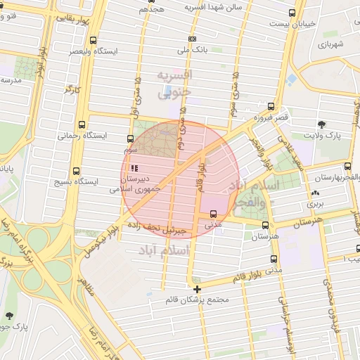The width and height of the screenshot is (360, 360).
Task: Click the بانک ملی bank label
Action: click(192, 51)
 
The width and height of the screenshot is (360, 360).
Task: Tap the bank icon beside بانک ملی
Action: click(192, 39)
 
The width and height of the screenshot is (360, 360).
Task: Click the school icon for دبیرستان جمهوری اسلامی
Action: click(134, 169)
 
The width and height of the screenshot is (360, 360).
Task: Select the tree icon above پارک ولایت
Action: click(322, 124)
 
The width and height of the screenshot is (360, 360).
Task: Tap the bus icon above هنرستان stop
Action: click(264, 226)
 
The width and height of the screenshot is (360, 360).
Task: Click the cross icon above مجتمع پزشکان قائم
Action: click(197, 289)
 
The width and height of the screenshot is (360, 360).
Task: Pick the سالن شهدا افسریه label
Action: click(212, 7)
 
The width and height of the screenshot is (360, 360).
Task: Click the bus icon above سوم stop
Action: click(130, 139)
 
